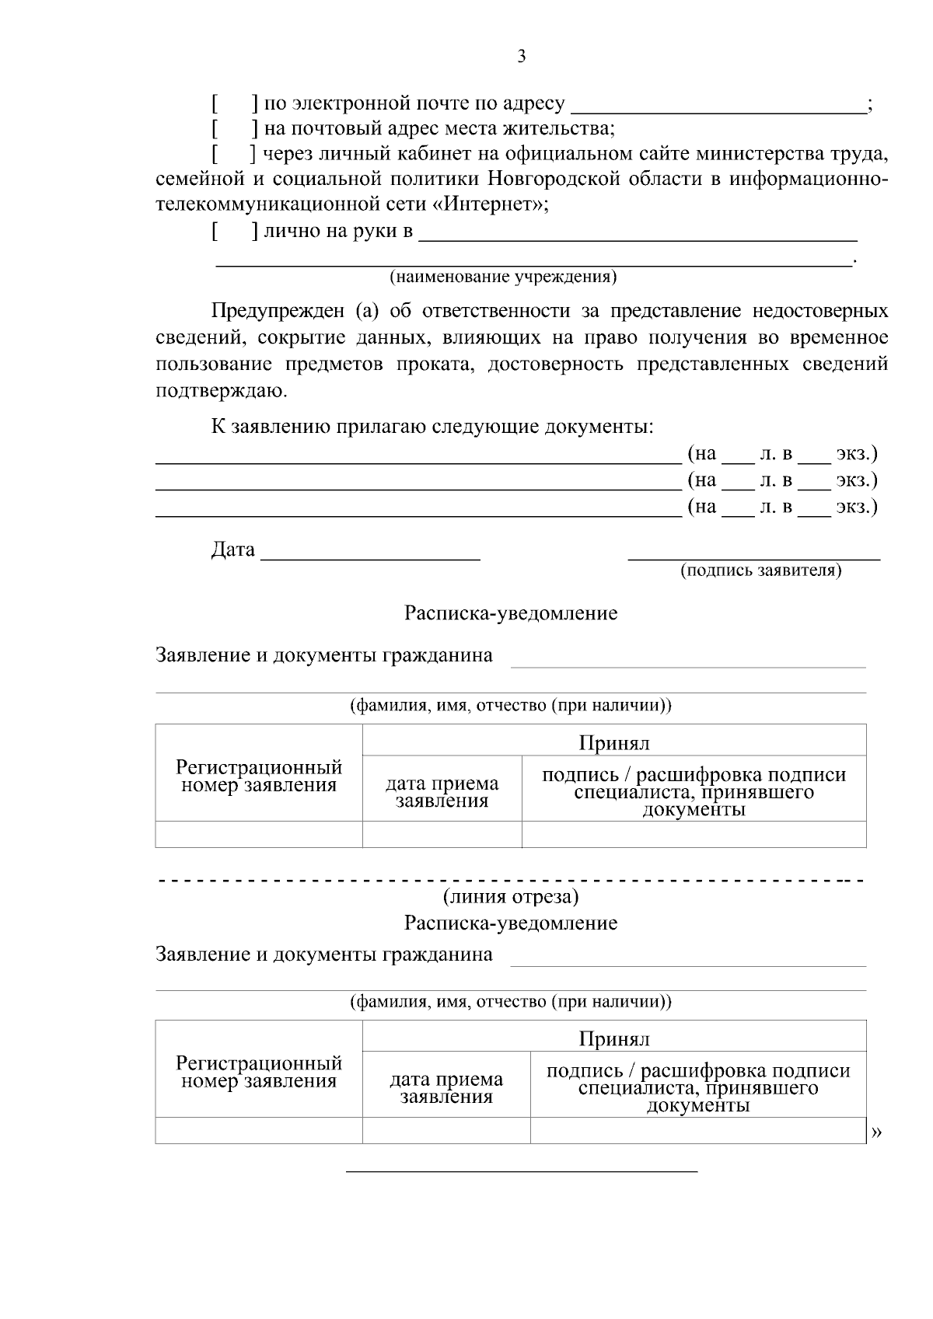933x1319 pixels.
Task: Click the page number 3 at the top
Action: click(521, 56)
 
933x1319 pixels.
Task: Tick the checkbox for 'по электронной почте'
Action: click(235, 103)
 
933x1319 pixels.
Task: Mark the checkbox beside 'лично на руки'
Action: click(235, 232)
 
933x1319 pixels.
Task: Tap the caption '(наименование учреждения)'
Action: click(503, 277)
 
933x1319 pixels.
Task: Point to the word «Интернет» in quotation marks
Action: click(486, 205)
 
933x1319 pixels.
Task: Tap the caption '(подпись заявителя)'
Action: click(760, 571)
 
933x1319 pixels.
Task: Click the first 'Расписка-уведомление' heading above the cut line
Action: click(510, 613)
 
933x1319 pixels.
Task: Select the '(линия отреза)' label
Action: click(510, 897)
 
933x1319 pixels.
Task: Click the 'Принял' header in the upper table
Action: click(613, 743)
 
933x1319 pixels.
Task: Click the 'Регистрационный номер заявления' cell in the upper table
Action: click(259, 776)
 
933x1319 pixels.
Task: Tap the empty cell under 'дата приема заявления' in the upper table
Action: click(442, 835)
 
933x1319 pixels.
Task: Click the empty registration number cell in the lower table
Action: click(259, 1131)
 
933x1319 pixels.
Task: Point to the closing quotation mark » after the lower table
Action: click(877, 1133)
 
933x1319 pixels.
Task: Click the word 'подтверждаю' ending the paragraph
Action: click(221, 391)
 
